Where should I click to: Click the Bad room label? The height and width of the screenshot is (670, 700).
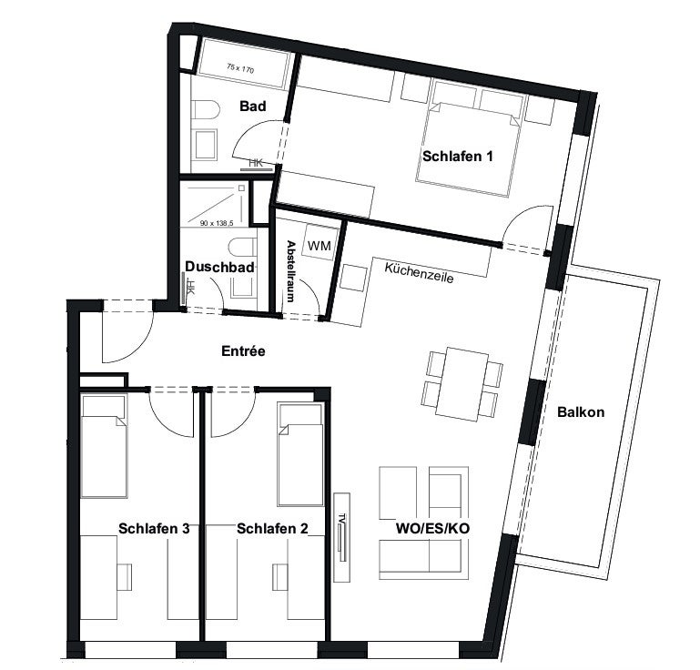253,107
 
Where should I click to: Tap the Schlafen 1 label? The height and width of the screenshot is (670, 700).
458,157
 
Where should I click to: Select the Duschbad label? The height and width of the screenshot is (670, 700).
219,267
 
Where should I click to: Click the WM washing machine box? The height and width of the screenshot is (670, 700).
320,245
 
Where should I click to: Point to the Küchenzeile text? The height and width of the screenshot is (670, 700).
419,273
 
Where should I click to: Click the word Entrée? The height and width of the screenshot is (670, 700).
243,351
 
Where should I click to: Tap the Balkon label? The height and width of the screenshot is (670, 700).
581,411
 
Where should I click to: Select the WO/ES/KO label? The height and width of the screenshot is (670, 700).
432,529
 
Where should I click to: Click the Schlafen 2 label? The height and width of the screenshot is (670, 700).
272,529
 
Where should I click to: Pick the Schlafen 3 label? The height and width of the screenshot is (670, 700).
154,529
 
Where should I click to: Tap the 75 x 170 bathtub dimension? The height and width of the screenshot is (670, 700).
240,69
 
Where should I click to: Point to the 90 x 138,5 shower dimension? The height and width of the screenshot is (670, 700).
217,223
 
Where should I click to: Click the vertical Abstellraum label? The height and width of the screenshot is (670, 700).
290,271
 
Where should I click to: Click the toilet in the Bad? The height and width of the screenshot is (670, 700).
206,110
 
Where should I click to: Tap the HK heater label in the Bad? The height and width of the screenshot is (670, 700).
256,163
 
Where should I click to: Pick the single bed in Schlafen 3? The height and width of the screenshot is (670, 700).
104,446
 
